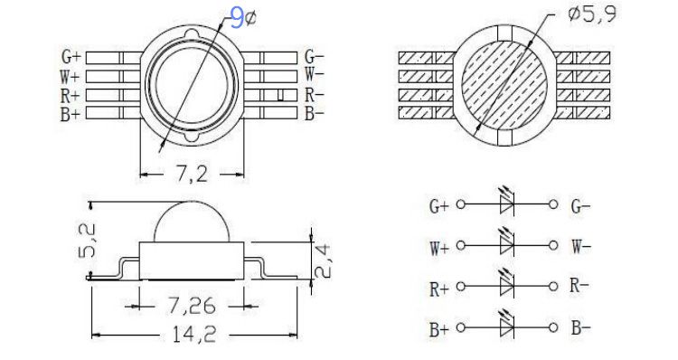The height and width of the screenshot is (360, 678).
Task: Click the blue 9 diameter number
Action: coord(237,19)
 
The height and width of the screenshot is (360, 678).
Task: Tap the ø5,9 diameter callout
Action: coord(592,14)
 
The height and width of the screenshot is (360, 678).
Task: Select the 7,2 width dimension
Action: coord(192,174)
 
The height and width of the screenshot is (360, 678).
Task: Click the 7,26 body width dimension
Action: coord(192,306)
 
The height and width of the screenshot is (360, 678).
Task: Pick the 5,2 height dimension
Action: coord(87,241)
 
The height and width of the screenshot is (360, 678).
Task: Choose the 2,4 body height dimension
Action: coord(323,261)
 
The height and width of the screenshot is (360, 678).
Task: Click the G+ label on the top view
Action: coord(71,57)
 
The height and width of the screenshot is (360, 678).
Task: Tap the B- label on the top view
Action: coord(315,113)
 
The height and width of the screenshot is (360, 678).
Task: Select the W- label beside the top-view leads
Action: coord(315,74)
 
